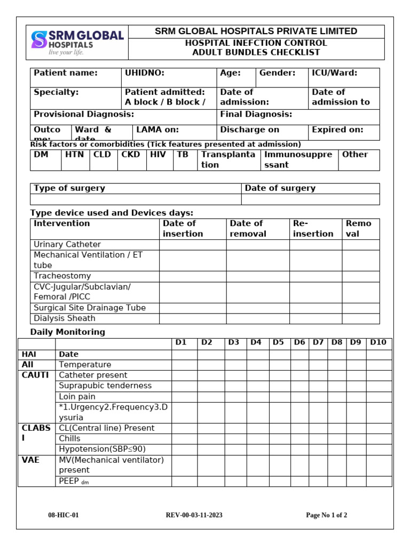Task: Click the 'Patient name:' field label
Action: (66, 73)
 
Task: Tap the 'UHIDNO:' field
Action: (144, 73)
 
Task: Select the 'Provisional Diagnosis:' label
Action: (84, 114)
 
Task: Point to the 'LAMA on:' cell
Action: (157, 130)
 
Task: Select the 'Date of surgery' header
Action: (280, 188)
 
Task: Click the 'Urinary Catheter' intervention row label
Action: (67, 244)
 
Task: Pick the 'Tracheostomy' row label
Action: (62, 276)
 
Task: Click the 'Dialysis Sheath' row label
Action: (65, 318)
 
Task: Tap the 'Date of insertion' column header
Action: (183, 228)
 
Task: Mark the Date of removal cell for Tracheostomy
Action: (257, 276)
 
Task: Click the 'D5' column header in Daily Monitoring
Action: (278, 342)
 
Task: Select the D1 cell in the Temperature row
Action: (184, 365)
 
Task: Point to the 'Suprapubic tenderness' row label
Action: (105, 386)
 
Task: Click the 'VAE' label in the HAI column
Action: (31, 460)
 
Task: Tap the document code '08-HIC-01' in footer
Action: (64, 515)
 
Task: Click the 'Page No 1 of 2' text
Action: (326, 515)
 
